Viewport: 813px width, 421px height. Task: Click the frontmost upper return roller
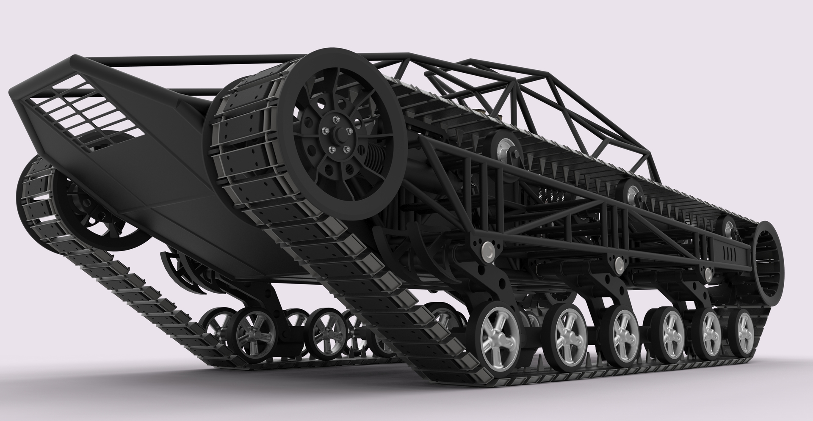pyautogui.click(x=504, y=150)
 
